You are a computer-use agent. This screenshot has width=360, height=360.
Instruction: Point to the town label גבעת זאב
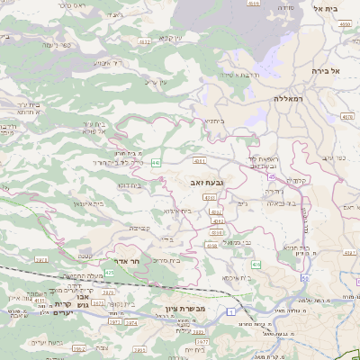click(x=207, y=182)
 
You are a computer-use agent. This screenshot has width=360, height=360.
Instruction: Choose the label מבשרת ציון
click(x=186, y=310)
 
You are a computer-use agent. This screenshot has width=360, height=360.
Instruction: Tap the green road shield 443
click(x=156, y=163)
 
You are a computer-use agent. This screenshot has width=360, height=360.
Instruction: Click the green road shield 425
click(x=109, y=272)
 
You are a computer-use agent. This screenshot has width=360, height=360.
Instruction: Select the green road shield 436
click(x=256, y=265)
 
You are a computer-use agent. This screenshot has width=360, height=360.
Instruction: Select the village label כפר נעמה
click(x=40, y=43)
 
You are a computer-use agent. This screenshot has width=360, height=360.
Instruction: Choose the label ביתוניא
click(x=212, y=120)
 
